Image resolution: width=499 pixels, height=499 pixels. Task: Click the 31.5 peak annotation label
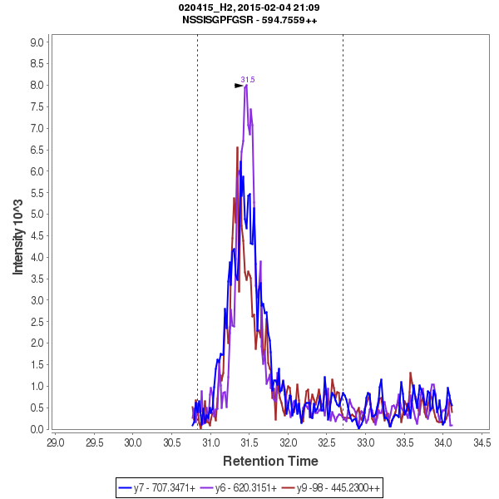(248, 80)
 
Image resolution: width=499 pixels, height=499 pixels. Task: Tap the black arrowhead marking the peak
(239, 85)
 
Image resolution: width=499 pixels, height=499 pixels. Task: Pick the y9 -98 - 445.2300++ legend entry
(333, 487)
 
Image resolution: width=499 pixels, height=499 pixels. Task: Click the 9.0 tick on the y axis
(37, 42)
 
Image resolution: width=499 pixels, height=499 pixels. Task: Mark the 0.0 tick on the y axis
(37, 429)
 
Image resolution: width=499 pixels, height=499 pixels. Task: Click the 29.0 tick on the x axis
(55, 441)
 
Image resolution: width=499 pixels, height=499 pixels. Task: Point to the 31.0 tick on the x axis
(210, 441)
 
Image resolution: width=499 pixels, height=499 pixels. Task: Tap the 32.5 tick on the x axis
(327, 441)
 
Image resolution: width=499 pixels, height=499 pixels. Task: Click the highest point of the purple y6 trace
(246, 86)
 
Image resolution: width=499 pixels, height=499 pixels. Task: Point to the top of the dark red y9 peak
(238, 148)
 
